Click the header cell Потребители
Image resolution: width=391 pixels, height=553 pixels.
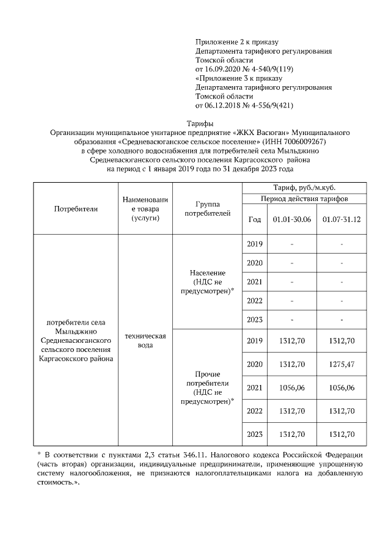click(x=76, y=208)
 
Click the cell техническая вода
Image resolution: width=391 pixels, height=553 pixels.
click(x=145, y=340)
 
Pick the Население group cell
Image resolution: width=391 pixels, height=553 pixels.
click(x=208, y=281)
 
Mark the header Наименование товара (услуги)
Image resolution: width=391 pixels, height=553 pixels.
click(x=145, y=208)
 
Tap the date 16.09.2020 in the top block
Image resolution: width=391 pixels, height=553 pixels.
click(x=224, y=69)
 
